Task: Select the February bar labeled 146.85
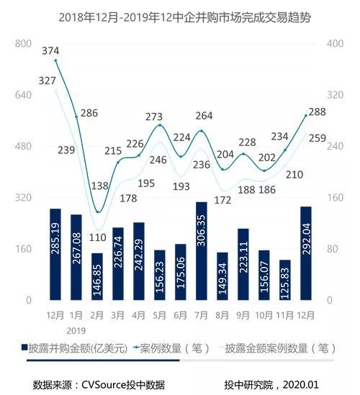(97, 276)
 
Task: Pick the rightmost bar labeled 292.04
(306, 253)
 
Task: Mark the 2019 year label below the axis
(76, 330)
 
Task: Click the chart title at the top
(179, 15)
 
